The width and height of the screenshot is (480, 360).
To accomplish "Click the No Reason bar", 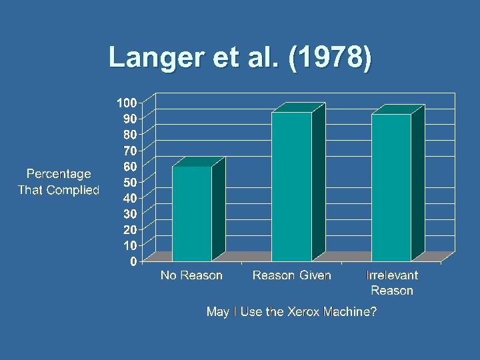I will (x=192, y=213).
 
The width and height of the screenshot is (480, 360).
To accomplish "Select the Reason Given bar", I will (x=292, y=187).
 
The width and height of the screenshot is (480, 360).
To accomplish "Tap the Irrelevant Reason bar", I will (x=391, y=187).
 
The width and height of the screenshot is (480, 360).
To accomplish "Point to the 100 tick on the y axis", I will (x=127, y=103).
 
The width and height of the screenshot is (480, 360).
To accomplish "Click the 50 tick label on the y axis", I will (x=131, y=182).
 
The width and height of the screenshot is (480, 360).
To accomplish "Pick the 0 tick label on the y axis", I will (x=134, y=261).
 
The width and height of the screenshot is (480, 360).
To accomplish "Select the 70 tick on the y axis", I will (x=131, y=150).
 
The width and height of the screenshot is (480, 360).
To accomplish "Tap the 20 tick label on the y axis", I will (x=131, y=229).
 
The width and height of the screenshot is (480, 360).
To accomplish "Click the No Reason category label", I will (x=191, y=275).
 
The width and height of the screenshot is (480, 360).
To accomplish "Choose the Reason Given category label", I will (x=291, y=275).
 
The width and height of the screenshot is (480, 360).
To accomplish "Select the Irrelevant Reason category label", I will (x=392, y=283).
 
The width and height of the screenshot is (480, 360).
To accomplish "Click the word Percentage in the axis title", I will (x=59, y=174).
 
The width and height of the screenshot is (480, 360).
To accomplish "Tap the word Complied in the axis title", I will (x=73, y=190).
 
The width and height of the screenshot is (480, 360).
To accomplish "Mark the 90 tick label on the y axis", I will (x=131, y=119).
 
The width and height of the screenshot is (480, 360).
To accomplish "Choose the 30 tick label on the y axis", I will (x=131, y=213).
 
